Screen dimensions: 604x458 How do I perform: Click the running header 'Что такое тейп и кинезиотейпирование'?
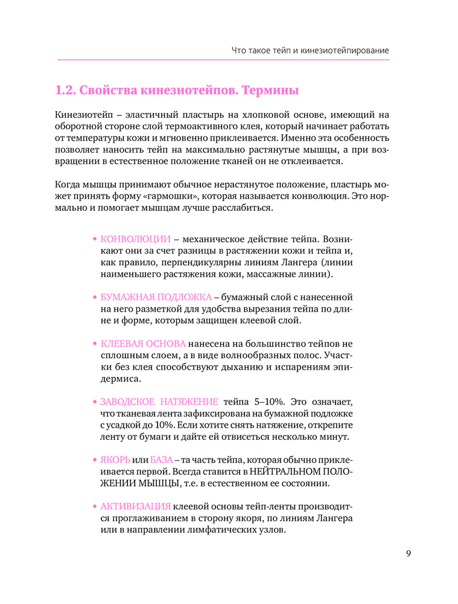point(310,50)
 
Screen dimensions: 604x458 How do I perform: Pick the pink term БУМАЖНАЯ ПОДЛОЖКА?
point(156,297)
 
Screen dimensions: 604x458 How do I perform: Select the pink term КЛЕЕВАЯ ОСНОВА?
point(142,344)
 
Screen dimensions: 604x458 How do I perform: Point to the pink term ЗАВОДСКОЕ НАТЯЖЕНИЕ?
point(159,402)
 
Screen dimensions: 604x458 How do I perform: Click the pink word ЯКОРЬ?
point(115,460)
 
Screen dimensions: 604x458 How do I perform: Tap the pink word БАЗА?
point(162,460)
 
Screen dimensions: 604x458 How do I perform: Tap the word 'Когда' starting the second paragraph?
point(67,185)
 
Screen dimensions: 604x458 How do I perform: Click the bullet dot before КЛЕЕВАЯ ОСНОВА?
point(94,344)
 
